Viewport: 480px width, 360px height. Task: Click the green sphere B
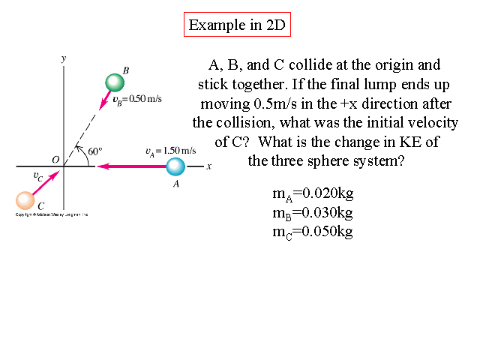pyautogui.click(x=114, y=82)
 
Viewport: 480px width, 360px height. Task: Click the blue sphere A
pyautogui.click(x=175, y=167)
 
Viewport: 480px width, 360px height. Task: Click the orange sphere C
pyautogui.click(x=25, y=200)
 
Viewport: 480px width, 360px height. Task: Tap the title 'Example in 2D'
pyautogui.click(x=236, y=25)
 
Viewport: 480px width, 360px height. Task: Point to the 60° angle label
pyautogui.click(x=95, y=151)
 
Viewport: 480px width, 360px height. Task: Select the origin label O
pyautogui.click(x=55, y=159)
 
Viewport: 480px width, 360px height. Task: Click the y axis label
pyautogui.click(x=64, y=58)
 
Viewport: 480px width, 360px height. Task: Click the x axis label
pyautogui.click(x=209, y=166)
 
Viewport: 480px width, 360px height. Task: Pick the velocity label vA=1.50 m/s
pyautogui.click(x=170, y=151)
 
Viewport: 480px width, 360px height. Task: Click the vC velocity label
pyautogui.click(x=37, y=176)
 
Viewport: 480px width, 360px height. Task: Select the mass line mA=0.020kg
pyautogui.click(x=313, y=193)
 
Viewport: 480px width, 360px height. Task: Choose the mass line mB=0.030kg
pyautogui.click(x=313, y=212)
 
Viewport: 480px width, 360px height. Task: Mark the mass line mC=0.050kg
pyautogui.click(x=313, y=231)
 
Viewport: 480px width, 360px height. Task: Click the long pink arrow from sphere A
pyautogui.click(x=131, y=166)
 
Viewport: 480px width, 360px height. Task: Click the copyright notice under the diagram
pyautogui.click(x=52, y=214)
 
